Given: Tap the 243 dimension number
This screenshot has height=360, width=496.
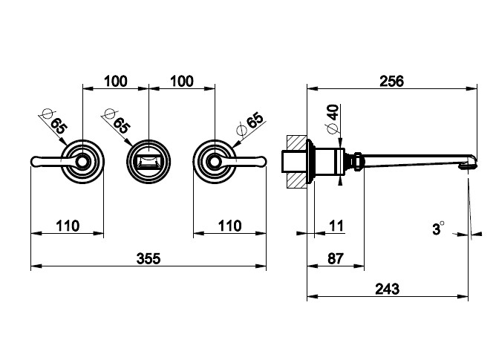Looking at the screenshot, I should click(x=388, y=289).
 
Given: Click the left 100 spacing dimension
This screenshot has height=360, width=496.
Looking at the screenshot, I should click(x=115, y=81).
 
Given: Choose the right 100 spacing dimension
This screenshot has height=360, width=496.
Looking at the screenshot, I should click(x=183, y=81).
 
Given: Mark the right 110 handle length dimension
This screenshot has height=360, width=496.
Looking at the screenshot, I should click(x=230, y=225).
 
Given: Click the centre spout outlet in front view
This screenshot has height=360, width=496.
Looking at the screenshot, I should click(x=149, y=160).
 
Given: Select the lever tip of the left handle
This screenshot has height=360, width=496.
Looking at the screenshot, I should click(x=35, y=160).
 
